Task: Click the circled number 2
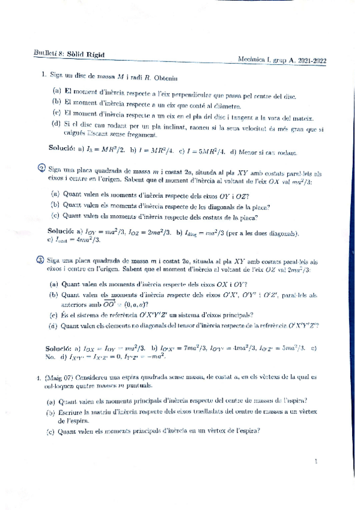pos(40,168)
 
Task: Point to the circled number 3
pos(40,260)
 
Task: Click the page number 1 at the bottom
pos(315,462)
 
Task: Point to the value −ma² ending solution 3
pos(155,356)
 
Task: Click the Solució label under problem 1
pos(62,149)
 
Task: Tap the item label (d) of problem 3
pos(53,325)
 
